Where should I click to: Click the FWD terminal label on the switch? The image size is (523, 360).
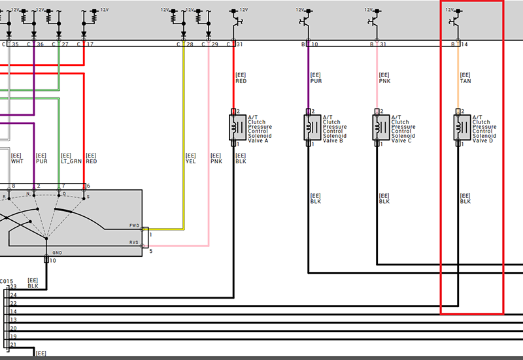pos(134,226)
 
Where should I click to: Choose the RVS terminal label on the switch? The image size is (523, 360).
pos(134,242)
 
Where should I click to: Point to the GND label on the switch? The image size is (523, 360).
pos(57,252)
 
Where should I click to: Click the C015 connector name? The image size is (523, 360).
pos(7,281)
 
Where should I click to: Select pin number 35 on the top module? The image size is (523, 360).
pos(15,44)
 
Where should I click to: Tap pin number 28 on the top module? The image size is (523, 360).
pos(190,44)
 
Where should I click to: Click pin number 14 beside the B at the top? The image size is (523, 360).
pos(464,44)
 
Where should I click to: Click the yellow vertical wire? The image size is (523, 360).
pos(184,131)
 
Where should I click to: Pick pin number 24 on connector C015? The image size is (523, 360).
pos(13,295)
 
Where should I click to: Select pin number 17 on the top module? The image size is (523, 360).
pos(90,44)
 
